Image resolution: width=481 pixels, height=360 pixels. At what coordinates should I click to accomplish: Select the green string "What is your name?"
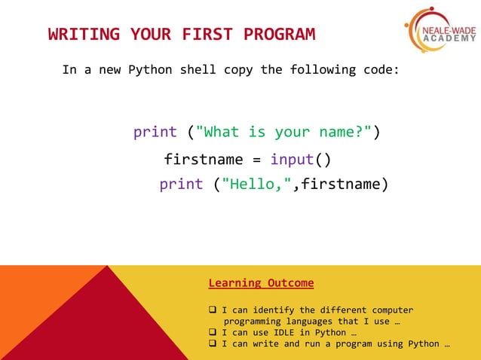pos(283,133)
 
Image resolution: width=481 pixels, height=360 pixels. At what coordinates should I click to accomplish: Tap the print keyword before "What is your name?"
pos(155,133)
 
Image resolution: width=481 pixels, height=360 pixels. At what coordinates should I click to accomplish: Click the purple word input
pos(292,160)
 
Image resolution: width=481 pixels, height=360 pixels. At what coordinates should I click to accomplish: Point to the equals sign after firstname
pos(256,160)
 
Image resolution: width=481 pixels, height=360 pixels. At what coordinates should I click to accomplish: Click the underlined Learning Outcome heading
pos(261,283)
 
